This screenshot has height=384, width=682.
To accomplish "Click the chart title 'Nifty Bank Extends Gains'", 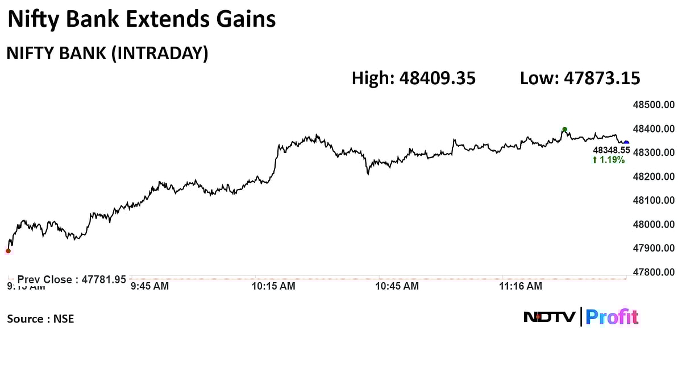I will point(141,20).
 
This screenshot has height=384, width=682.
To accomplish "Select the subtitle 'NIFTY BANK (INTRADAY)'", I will point(107,53).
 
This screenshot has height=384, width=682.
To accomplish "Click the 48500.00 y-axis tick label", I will point(654,105).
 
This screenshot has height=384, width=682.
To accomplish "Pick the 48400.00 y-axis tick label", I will point(654,129).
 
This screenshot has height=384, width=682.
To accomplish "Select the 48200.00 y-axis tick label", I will point(654,176).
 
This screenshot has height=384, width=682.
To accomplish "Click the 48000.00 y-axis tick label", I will point(654,224).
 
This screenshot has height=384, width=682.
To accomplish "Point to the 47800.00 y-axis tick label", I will point(654,272).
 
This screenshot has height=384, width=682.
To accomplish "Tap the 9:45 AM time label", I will point(149,286).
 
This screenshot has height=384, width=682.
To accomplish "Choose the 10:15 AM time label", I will point(273,286).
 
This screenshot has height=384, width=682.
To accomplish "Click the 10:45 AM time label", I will point(397,286).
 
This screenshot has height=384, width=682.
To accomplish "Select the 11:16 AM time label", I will point(521,286).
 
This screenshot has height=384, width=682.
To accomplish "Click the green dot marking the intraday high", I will point(564,130).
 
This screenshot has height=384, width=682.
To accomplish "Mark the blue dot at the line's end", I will point(626,143).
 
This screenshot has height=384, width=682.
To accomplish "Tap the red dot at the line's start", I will point(8,250).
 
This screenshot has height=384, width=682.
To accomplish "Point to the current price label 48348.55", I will point(612,150).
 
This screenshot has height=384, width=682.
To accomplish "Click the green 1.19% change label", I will point(609,160).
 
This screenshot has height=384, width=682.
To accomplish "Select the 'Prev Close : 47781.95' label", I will point(72,279).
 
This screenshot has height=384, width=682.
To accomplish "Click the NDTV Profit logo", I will point(581,317).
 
